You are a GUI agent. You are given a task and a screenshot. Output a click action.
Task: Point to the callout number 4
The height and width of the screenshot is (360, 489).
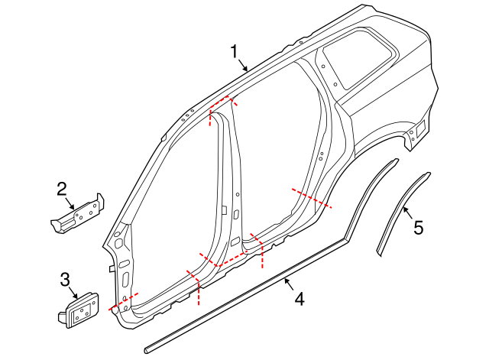pyautogui.click(x=299, y=299)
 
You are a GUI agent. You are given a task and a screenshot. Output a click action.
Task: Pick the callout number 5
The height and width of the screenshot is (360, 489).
pyautogui.click(x=418, y=227)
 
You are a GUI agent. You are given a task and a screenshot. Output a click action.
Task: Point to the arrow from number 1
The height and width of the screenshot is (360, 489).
pyautogui.click(x=243, y=65)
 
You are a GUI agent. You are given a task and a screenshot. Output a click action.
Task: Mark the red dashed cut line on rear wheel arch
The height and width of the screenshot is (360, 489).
pyautogui.click(x=312, y=197)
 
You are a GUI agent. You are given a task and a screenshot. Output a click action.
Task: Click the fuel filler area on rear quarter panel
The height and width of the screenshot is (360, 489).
pyautogui.click(x=417, y=131)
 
